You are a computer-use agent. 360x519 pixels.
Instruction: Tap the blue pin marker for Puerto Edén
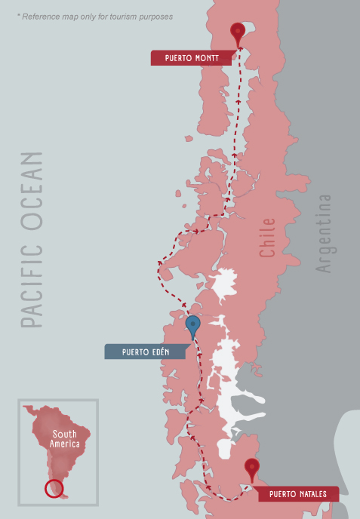click(x=193, y=325)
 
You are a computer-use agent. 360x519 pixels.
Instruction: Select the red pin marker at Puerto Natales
click(x=252, y=468)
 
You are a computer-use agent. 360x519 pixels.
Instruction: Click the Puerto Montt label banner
click(x=189, y=57)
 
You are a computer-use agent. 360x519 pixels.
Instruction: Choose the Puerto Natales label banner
click(x=298, y=494)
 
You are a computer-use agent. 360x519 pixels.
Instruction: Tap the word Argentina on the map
click(x=324, y=234)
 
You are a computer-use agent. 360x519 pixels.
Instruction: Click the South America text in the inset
click(x=65, y=440)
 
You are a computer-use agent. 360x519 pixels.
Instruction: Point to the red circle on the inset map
click(x=54, y=488)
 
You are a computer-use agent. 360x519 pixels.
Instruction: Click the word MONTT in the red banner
click(x=206, y=57)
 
